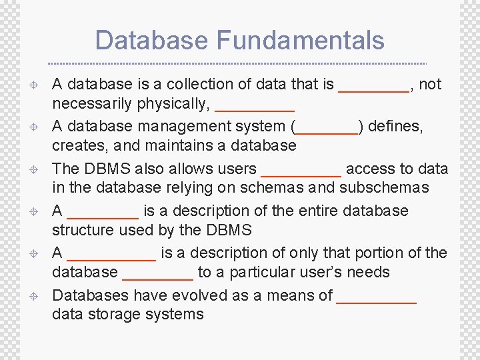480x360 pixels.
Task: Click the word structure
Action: pyautogui.click(x=85, y=231)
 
